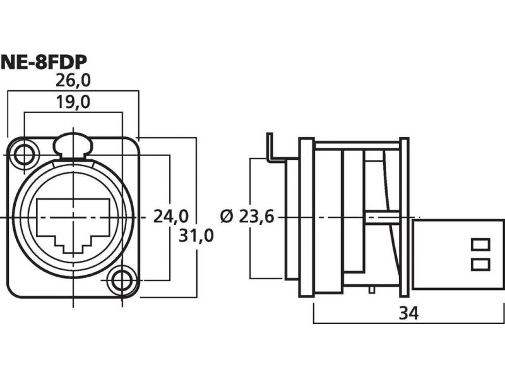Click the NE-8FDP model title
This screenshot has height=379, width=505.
coord(44,63)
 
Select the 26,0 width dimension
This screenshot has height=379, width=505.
coord(73,81)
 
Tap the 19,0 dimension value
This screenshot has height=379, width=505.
coord(73,102)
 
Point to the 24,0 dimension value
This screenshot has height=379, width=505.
coord(170,216)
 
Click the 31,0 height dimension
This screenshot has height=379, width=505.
coord(196,236)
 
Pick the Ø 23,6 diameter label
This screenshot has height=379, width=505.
coord(247,216)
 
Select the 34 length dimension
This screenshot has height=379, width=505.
coord(408,313)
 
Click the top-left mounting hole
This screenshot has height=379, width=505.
coord(23,155)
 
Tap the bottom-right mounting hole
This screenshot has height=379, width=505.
coord(122,280)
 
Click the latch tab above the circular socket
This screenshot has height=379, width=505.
coord(73,145)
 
